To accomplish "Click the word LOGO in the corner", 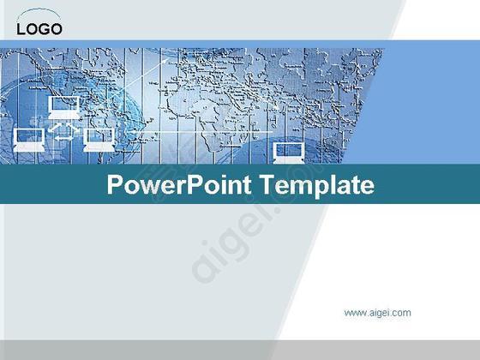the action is [x=39, y=29].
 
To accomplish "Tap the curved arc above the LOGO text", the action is [x=39, y=10].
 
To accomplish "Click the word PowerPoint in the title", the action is [x=179, y=185].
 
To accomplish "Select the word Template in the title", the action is [x=317, y=185].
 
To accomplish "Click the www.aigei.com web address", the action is [x=377, y=313].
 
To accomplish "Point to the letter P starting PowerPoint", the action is [x=115, y=184].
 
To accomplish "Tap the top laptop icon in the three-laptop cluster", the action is [x=63, y=107].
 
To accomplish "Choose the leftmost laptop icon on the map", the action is [x=29, y=140].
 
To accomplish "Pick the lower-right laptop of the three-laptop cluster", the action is [x=99, y=140].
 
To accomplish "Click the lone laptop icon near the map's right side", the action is [x=289, y=153].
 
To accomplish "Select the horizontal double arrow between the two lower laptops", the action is [x=64, y=138].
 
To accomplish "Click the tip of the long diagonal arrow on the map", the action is [x=168, y=59].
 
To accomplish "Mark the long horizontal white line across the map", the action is [x=199, y=132].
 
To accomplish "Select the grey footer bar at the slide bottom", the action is [x=240, y=350].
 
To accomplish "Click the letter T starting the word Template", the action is [x=268, y=184].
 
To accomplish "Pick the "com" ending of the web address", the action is [x=402, y=313].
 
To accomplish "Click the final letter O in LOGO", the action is [x=56, y=29].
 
